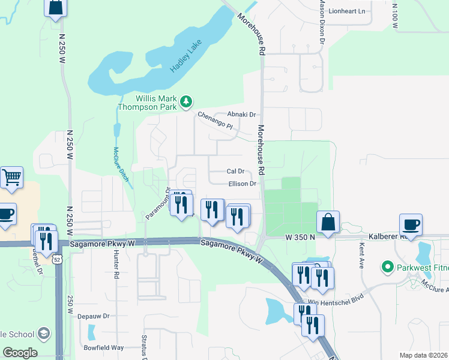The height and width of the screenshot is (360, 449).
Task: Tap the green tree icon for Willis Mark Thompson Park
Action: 187,101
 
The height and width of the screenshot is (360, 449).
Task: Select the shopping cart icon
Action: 11,178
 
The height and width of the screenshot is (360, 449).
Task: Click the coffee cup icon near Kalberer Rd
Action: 412,224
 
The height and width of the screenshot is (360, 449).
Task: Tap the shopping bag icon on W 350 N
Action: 328,221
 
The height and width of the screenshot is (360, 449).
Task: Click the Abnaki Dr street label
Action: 241,115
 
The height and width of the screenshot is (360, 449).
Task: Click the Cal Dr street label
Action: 235,172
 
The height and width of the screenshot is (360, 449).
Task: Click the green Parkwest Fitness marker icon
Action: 388,266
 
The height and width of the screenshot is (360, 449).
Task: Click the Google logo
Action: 20,353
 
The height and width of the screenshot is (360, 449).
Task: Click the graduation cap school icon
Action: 43,333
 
